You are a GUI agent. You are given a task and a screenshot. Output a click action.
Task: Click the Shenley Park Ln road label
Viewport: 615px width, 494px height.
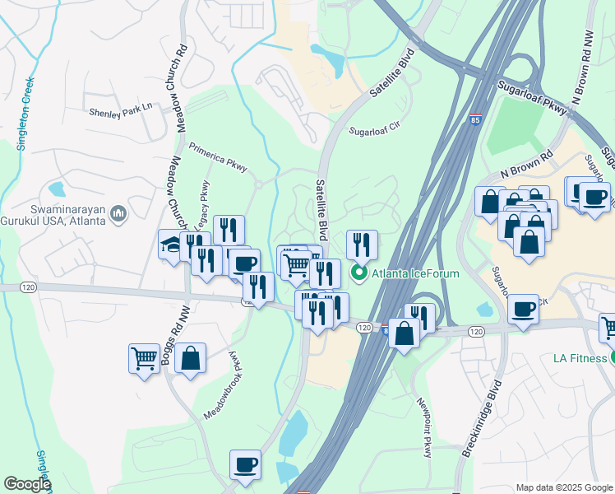pyautogui.click(x=121, y=109)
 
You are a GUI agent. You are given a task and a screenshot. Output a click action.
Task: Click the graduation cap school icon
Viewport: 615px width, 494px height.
pyautogui.click(x=171, y=245)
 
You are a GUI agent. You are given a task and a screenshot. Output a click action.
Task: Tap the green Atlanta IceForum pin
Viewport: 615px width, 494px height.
pyautogui.click(x=358, y=273)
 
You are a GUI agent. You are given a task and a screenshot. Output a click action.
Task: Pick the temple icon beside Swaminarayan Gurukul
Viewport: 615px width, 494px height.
pyautogui.click(x=118, y=216)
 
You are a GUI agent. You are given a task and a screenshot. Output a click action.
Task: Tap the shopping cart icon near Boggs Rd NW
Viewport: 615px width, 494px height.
pyautogui.click(x=144, y=359)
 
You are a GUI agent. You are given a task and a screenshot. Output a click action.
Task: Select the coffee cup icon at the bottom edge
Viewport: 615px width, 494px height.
pyautogui.click(x=245, y=465)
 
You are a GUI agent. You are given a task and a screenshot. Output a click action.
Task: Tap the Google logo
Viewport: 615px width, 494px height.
pyautogui.click(x=27, y=484)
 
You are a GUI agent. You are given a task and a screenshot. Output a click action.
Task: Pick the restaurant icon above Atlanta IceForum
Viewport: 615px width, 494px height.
pyautogui.click(x=362, y=245)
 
